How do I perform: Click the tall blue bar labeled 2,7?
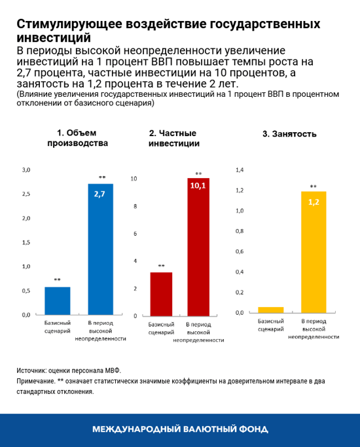click(100, 249)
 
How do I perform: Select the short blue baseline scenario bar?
click(57, 300)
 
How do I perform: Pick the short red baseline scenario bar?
click(161, 294)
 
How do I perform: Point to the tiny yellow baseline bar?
click(271, 310)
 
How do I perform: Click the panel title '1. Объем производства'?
click(78, 138)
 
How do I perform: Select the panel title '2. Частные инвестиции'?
click(174, 138)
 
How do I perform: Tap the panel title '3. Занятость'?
click(289, 134)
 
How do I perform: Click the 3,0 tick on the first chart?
click(27, 170)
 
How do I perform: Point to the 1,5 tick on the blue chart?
click(27, 242)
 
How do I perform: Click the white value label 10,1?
click(198, 186)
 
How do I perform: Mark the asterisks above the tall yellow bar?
click(314, 186)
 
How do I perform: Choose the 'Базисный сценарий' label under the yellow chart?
click(270, 325)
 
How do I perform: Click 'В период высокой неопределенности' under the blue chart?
click(100, 331)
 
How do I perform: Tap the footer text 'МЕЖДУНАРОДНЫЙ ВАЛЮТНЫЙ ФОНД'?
click(180, 429)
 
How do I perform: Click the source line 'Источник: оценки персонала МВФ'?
click(69, 370)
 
